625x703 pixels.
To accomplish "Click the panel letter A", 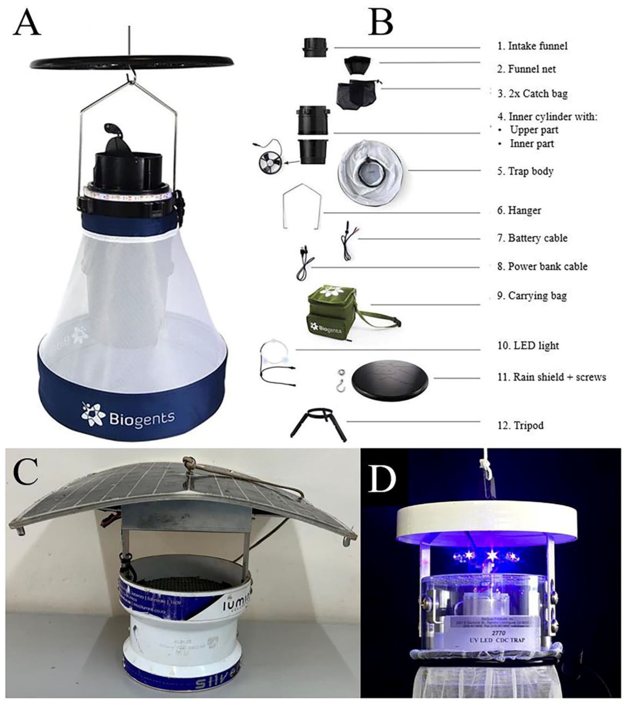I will [27, 23].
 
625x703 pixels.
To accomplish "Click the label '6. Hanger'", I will [519, 210].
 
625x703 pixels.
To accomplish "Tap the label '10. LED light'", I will [528, 346].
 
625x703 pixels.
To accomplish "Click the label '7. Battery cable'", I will [532, 238].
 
